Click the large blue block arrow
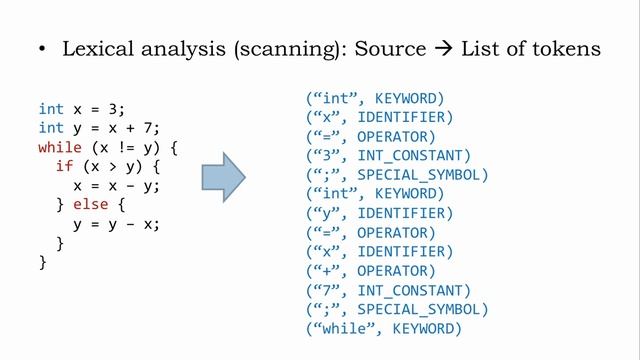tap(223, 177)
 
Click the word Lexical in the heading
tap(98, 49)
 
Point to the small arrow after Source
tap(444, 49)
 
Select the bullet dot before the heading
tap(42, 49)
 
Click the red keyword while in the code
tap(60, 147)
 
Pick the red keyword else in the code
tap(91, 204)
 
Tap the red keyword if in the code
tap(64, 166)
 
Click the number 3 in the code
tap(113, 109)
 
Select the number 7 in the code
tap(147, 128)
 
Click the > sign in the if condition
tap(113, 167)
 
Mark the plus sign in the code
tap(130, 128)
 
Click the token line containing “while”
tap(384, 329)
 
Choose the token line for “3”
tap(388, 156)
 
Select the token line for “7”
tap(388, 291)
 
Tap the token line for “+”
tap(371, 271)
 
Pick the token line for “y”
tap(380, 213)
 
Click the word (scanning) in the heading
tap(287, 49)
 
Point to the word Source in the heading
tap(390, 49)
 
